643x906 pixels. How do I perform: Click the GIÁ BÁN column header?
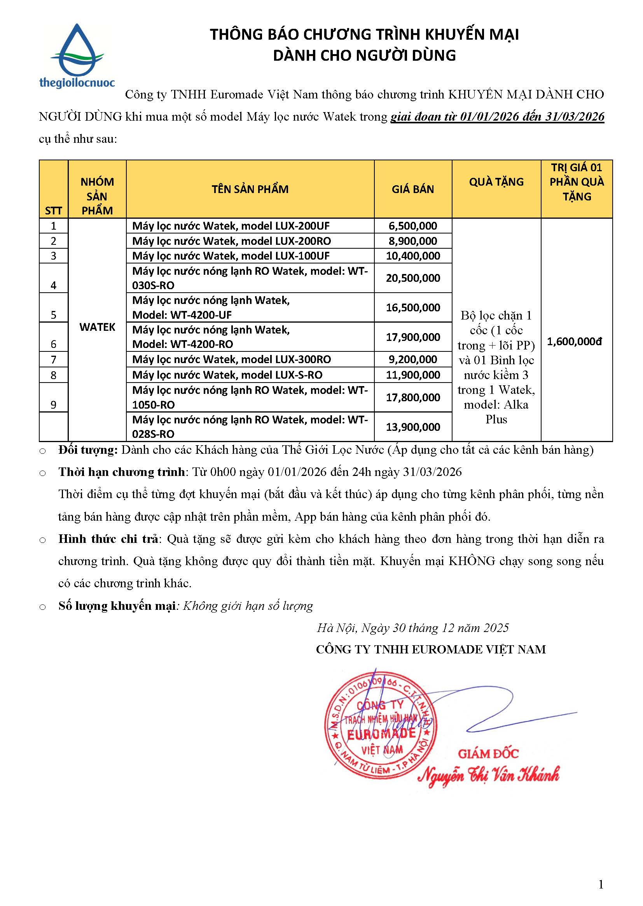412,189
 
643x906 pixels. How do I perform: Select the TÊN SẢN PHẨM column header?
250,189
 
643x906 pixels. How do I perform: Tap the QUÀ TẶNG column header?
496,182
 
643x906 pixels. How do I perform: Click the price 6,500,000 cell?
412,226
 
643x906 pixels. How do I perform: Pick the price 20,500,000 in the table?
412,278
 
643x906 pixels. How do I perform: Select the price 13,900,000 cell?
412,427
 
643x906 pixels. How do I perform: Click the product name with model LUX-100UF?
231,256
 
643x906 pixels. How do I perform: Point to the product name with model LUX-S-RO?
227,375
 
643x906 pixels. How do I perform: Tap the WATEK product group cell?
97,327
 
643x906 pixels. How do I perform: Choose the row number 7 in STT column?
53,360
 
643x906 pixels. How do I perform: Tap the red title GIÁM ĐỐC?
488,753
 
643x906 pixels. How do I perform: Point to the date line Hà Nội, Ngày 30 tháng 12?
412,628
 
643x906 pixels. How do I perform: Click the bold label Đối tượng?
88,450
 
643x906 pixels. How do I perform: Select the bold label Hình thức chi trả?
108,539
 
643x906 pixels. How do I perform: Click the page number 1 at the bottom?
601,884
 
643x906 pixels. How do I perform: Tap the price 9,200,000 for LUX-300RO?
412,360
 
